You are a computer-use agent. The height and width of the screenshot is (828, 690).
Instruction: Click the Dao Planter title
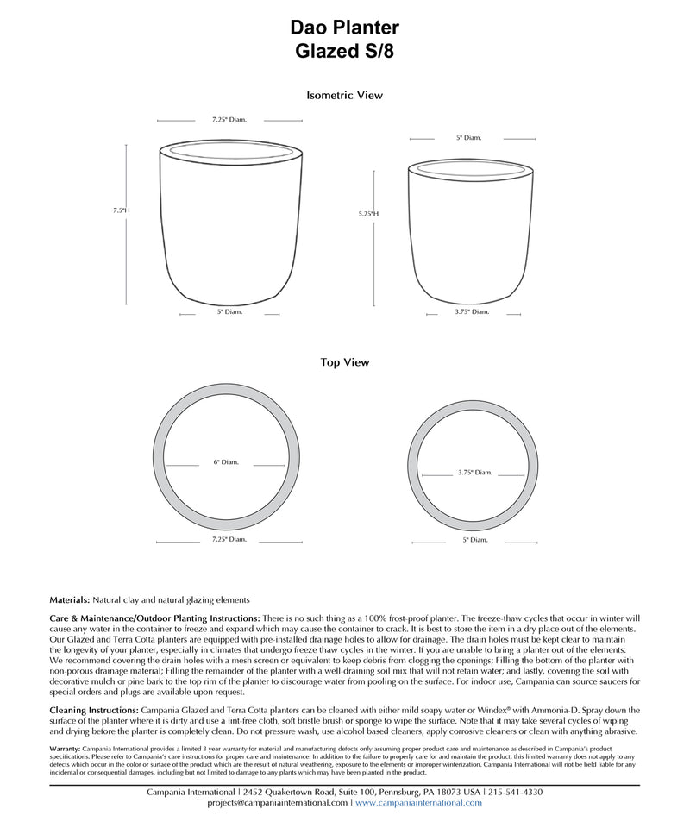345,29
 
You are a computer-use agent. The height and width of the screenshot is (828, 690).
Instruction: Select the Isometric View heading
345,96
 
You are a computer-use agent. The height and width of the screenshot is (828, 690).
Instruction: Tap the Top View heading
345,363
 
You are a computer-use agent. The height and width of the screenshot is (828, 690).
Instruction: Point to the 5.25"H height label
368,214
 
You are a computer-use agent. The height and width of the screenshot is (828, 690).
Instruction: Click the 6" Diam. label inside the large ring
227,463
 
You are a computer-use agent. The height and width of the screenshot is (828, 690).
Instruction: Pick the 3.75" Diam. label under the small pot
472,312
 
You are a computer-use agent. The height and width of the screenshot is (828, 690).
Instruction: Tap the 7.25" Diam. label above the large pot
229,120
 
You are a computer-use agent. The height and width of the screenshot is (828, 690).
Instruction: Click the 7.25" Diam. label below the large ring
229,540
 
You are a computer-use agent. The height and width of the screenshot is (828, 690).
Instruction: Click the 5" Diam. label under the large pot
230,312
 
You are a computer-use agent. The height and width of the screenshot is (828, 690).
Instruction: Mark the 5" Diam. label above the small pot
469,137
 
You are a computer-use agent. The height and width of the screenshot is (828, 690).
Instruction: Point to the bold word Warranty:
66,749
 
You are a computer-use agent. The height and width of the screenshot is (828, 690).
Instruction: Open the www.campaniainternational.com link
418,803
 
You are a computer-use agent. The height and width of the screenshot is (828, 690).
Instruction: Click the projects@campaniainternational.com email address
278,803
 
